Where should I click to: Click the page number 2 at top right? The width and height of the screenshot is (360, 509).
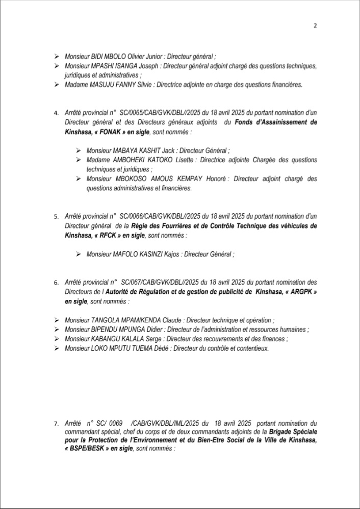tap(315, 27)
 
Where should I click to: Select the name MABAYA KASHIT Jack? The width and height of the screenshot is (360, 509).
tap(145, 151)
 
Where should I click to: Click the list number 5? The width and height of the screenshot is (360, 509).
tap(56, 217)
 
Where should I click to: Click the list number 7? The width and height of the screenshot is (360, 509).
tap(56, 424)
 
